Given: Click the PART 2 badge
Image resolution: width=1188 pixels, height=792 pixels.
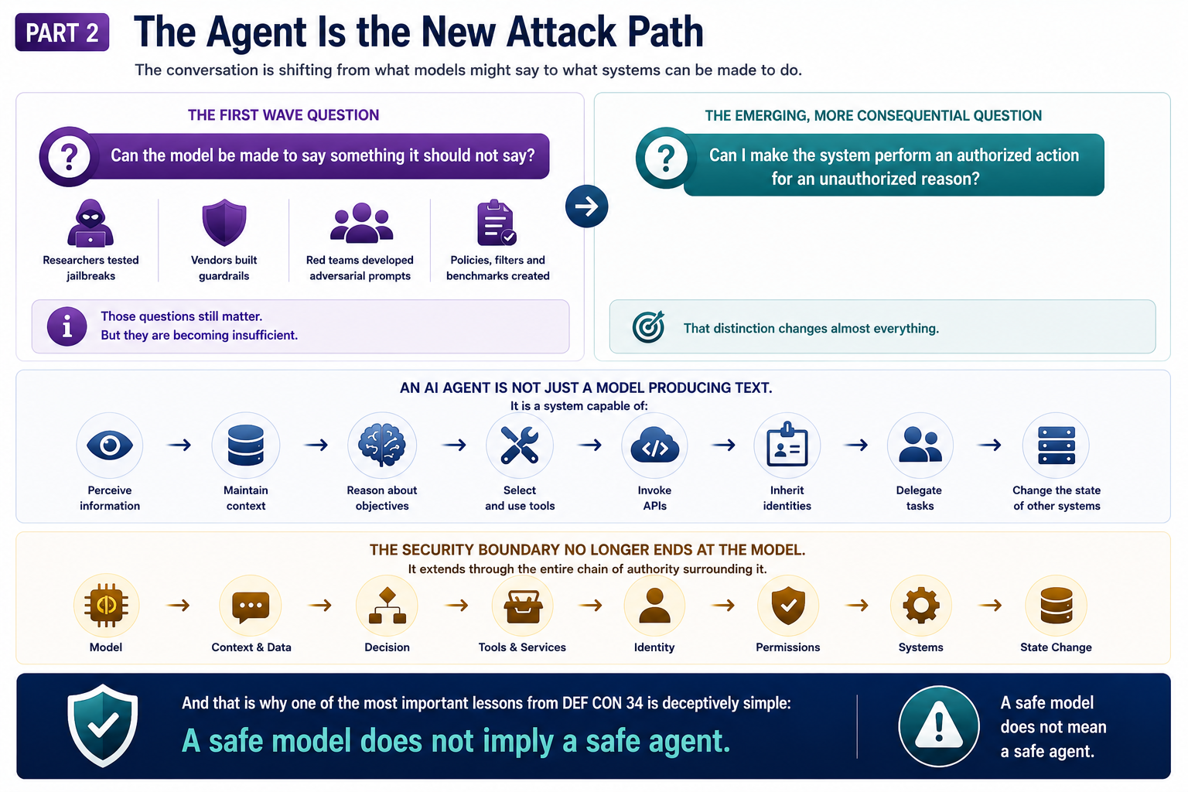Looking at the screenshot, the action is coord(62,32).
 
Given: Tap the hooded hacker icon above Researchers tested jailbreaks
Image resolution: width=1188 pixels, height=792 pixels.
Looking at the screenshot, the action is coord(90,224).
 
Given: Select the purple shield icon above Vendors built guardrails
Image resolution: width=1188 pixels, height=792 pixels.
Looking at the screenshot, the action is coord(224,222).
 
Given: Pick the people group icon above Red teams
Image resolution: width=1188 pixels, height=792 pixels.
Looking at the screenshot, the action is coord(361,223).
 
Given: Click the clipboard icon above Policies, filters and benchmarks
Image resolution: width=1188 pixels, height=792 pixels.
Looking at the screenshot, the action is coord(497,223).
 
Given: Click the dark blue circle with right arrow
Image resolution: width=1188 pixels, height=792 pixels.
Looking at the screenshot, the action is coord(586,207).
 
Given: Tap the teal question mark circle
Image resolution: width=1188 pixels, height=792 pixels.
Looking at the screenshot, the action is coord(666,158).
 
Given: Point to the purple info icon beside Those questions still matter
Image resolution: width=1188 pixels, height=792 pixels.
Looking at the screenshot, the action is coord(67,326).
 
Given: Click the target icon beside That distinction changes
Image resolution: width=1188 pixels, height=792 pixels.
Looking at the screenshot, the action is coord(648,326).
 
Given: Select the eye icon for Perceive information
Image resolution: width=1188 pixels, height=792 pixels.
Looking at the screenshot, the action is coord(110,445).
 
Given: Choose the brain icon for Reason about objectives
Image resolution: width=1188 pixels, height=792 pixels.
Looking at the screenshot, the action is coord(382,445).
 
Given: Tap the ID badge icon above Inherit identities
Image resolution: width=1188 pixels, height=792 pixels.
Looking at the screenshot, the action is coord(787,445).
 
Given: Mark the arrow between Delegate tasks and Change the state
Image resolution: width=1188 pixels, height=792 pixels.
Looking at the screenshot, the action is coord(989,445).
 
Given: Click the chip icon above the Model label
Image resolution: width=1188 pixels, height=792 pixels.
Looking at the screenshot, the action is coord(106,606).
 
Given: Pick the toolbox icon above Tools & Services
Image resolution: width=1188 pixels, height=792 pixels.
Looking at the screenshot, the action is coord(523,606).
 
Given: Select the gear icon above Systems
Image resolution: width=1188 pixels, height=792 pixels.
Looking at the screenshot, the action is coord(920,606).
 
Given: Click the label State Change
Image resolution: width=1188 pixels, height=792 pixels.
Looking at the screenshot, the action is coord(1056,647).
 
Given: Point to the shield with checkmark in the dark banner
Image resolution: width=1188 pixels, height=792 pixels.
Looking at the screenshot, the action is coord(103,725).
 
